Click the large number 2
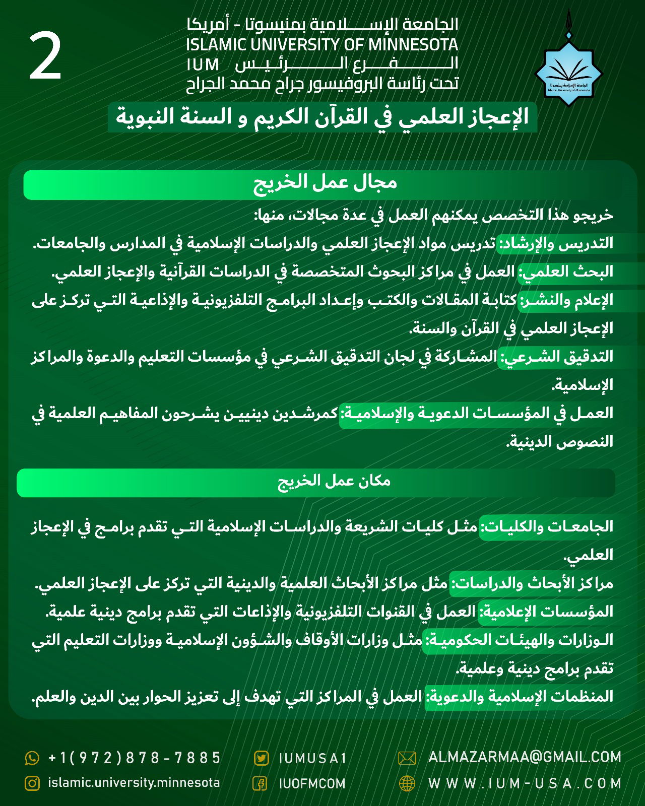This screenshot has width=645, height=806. pos(45,56)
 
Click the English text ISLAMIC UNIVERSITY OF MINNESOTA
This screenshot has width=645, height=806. pos(322,45)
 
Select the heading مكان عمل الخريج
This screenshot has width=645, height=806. pos(334,481)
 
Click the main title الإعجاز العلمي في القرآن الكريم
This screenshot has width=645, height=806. pos(322,117)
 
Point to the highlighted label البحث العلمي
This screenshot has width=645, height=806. pos(566,272)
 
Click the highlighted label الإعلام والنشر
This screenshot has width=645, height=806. pos(566,300)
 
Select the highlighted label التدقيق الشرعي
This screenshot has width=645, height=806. pos(556,357)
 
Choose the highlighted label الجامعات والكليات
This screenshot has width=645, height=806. pos(546,527)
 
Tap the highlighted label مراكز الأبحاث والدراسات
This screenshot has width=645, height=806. pos(532,583)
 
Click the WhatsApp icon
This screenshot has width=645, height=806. pos(32,758)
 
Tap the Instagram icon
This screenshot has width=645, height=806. pos(32,783)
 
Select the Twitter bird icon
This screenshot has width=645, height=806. pos(261,758)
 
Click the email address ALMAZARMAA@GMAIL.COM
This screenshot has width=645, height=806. pos(524,757)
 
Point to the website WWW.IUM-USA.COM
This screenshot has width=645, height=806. pos(524,783)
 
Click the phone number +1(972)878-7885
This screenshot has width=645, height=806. pos(134,758)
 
